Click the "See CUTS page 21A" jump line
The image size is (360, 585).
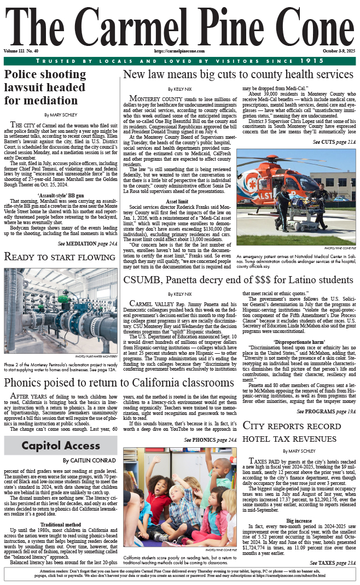tap(334, 142)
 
